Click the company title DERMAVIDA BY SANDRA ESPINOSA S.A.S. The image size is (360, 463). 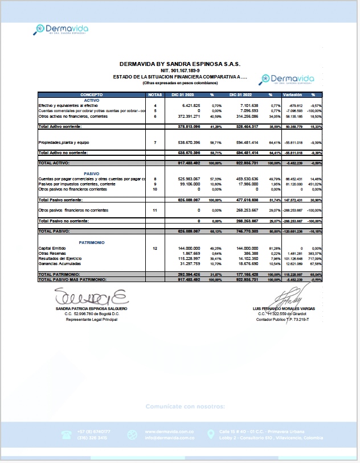pyautogui.click(x=180, y=64)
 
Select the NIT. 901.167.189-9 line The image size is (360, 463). pyautogui.click(x=180, y=71)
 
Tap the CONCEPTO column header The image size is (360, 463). pyautogui.click(x=91, y=94)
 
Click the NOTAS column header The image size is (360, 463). pyautogui.click(x=155, y=94)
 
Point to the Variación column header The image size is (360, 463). pyautogui.click(x=292, y=94)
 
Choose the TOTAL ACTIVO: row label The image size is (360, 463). pyautogui.click(x=54, y=163)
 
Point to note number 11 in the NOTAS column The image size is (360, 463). pyautogui.click(x=155, y=210)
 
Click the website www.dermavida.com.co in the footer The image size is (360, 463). pyautogui.click(x=165, y=432)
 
